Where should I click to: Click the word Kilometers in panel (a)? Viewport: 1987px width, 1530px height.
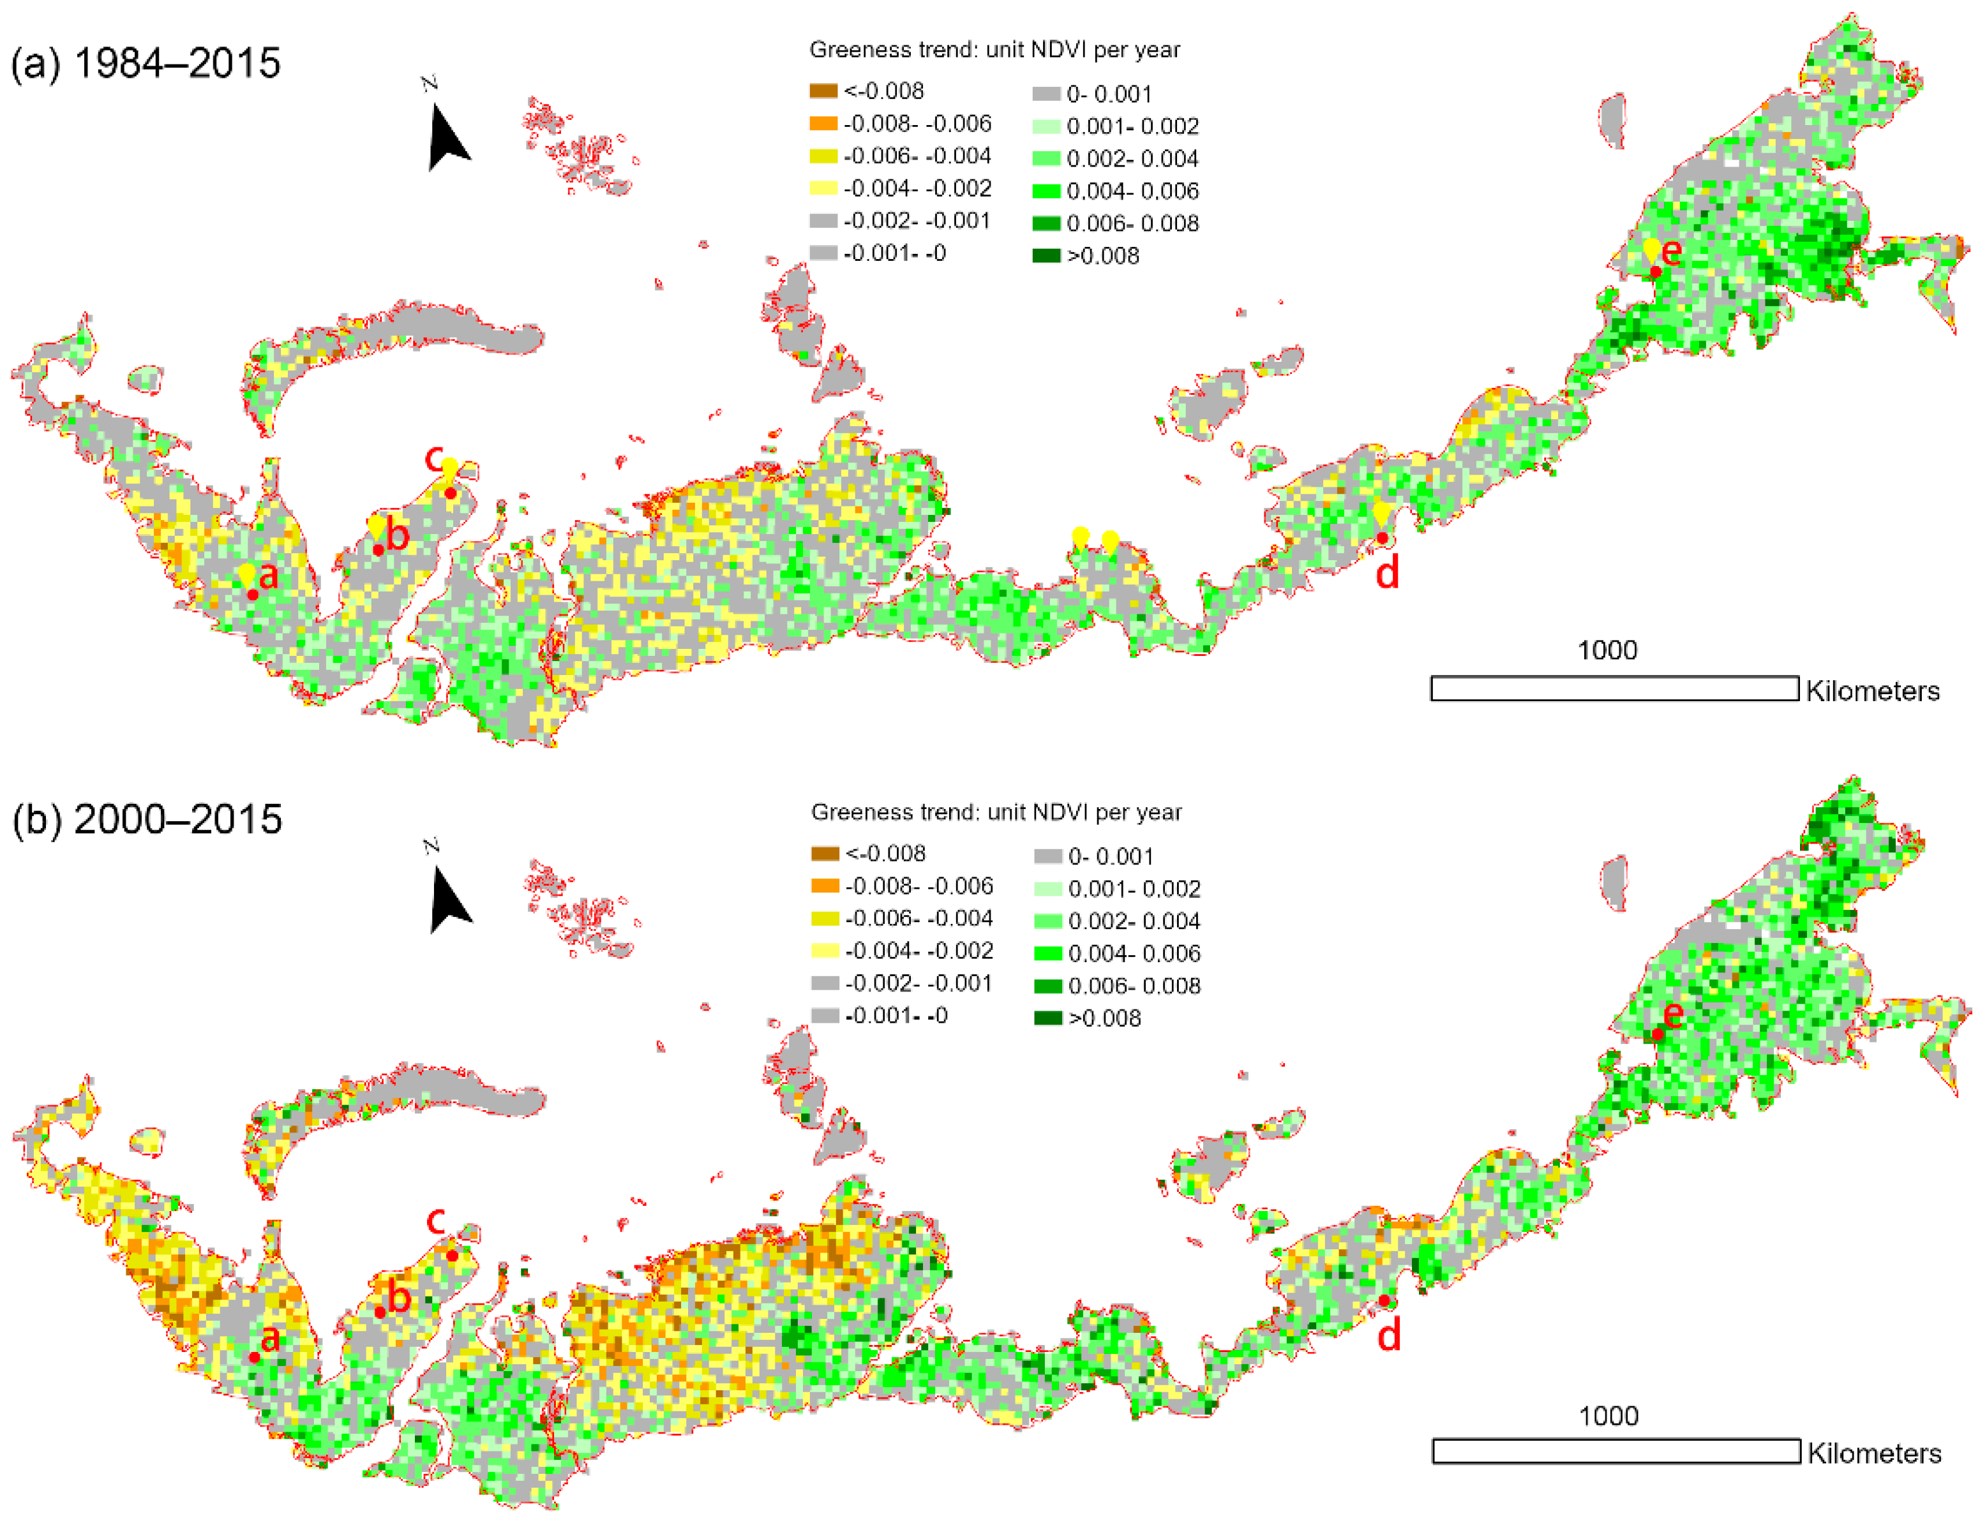coord(1872,692)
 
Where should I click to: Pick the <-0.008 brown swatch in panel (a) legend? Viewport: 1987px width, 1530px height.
coord(823,91)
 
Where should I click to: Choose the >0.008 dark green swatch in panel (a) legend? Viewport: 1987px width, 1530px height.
coord(1046,256)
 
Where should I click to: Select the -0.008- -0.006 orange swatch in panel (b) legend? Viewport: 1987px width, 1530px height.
coord(825,885)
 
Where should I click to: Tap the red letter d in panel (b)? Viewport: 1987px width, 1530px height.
coord(1388,1335)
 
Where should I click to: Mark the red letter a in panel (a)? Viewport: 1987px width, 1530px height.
coord(267,576)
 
